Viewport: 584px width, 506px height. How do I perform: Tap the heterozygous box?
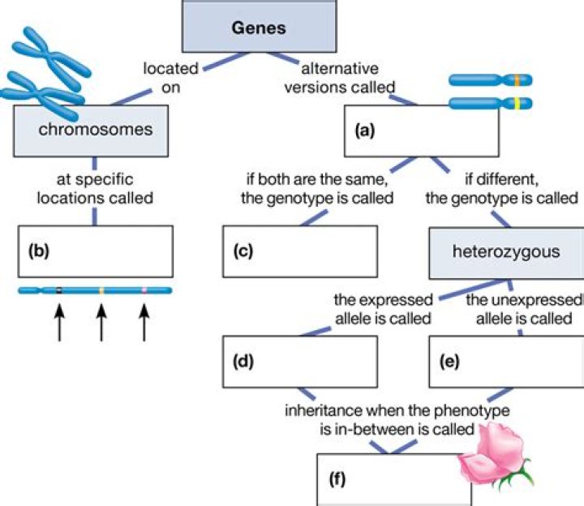[x=506, y=251]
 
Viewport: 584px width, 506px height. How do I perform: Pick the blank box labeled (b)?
[x=96, y=251]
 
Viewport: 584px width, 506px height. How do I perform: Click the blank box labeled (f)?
[x=389, y=479]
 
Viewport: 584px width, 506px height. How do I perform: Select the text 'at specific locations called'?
[x=96, y=187]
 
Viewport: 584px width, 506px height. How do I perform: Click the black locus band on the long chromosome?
[x=58, y=289]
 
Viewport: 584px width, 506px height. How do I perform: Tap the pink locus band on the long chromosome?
[x=144, y=289]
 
